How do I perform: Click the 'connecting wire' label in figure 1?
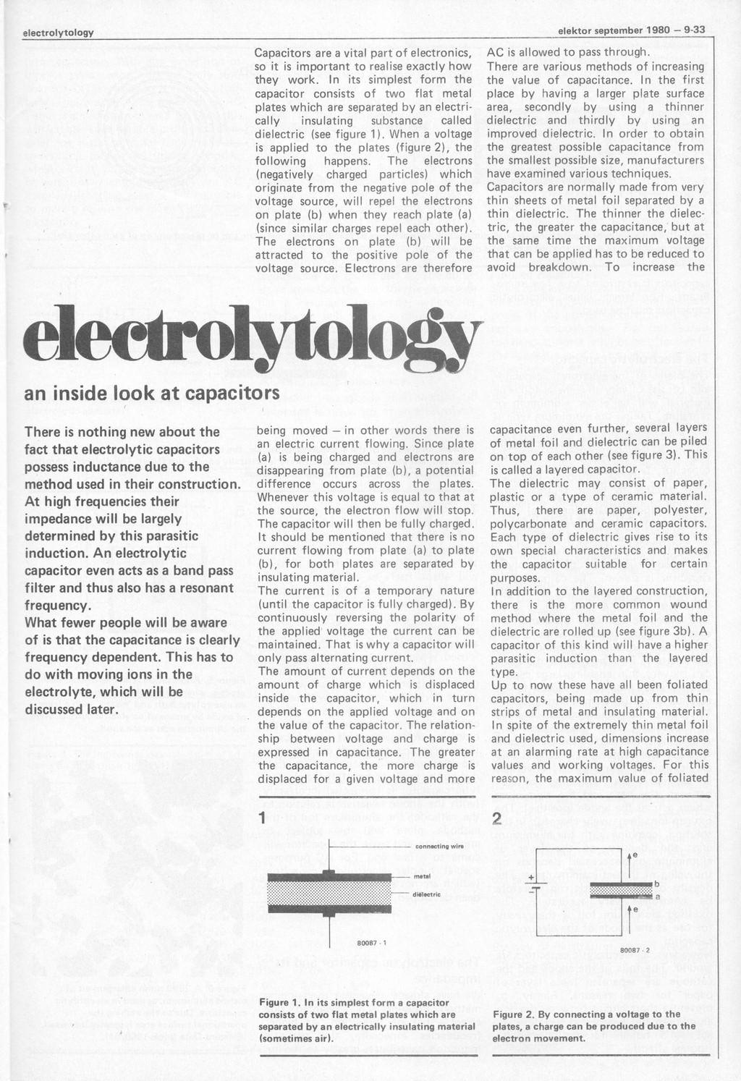point(439,846)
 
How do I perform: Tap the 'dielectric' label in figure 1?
point(426,894)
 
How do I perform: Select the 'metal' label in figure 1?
point(423,876)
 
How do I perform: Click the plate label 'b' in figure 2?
point(656,884)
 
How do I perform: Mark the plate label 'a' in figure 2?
point(657,897)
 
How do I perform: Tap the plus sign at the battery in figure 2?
point(532,877)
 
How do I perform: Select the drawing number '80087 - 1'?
point(371,942)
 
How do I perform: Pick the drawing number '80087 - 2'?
point(635,949)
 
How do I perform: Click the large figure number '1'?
point(263,818)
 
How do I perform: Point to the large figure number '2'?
point(496,818)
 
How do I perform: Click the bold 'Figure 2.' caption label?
point(512,1014)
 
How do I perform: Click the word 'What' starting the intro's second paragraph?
point(41,623)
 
